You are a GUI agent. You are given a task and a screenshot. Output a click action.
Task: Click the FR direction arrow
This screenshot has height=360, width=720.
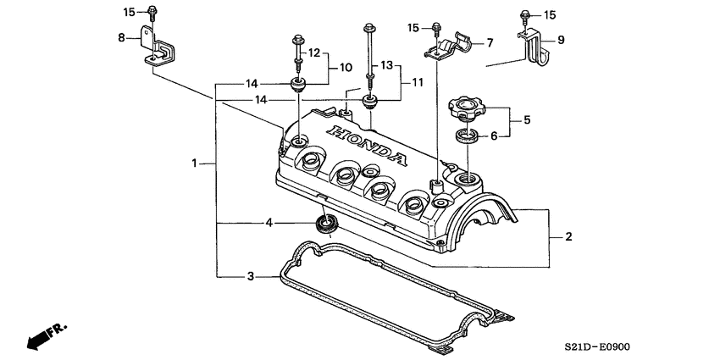[x=46, y=335]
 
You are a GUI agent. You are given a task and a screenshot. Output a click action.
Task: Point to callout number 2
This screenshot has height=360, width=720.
[x=569, y=236]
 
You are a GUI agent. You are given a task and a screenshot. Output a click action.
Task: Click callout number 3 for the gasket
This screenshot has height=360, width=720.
[x=250, y=276]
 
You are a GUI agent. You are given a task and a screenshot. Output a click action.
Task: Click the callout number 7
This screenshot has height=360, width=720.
[x=489, y=42]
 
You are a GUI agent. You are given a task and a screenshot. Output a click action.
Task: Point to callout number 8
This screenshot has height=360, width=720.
[x=121, y=37]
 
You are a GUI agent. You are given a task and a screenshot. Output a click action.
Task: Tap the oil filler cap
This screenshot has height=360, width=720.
[x=463, y=108]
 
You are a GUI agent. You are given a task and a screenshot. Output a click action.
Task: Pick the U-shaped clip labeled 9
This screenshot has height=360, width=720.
[x=534, y=50]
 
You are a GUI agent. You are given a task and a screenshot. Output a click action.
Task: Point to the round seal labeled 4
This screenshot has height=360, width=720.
[x=325, y=224]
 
